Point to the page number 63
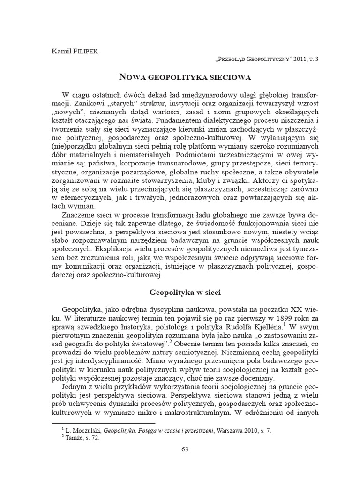click(x=185, y=450)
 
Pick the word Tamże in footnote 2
click(x=75, y=436)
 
